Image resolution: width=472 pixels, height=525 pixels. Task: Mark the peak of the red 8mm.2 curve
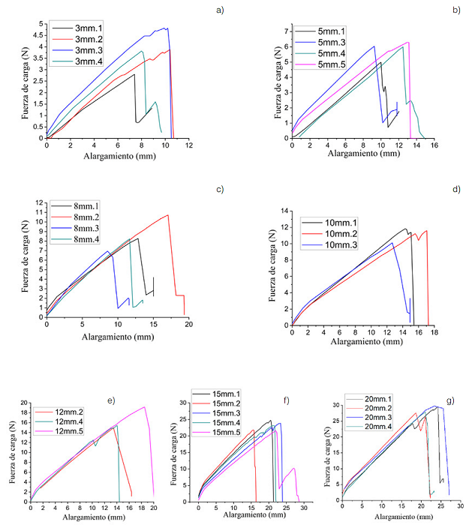pyautogui.click(x=168, y=215)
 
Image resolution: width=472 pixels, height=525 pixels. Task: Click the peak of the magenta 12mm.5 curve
pyautogui.click(x=143, y=407)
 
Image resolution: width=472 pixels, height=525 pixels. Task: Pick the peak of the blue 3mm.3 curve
pyautogui.click(x=166, y=28)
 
